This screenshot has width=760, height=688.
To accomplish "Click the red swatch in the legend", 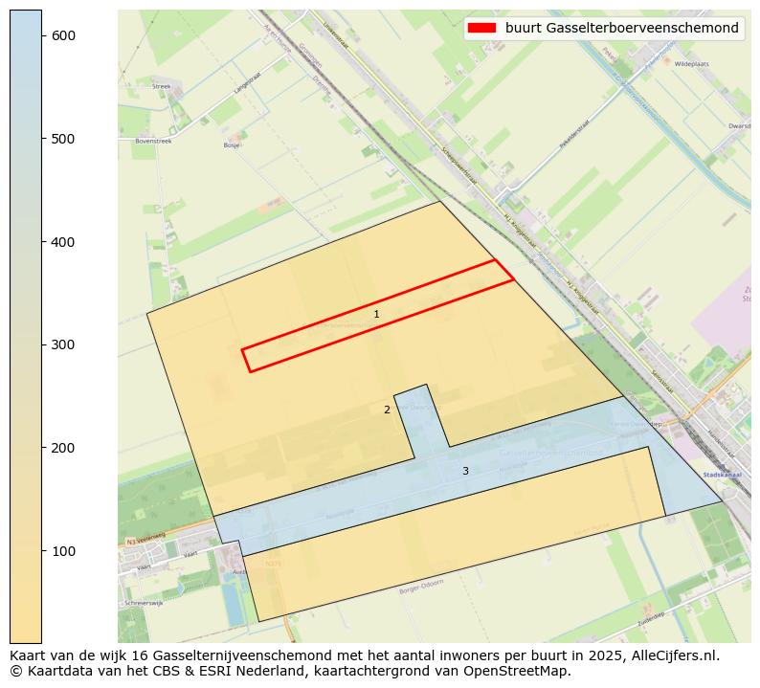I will (481, 28).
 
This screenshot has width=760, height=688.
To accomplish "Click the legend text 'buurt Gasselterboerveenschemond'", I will (621, 28).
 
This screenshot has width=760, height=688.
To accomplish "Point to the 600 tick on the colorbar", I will (42, 35).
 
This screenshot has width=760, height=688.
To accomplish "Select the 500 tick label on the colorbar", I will (62, 139).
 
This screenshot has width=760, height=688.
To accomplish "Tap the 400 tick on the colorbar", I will (42, 242).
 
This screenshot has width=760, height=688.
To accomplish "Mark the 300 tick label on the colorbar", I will (62, 344).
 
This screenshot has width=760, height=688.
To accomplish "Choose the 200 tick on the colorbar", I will (42, 448).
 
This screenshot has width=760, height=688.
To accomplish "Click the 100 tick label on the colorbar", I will (62, 551).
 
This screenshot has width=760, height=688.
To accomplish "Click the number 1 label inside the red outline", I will (376, 314).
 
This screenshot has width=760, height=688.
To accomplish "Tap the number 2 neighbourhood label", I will (387, 410).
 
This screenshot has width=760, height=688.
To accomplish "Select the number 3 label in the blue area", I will (465, 471).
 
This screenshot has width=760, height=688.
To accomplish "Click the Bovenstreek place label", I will (153, 141).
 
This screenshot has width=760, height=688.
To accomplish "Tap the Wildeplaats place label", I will (690, 64).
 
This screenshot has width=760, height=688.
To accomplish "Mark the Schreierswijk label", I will (144, 604).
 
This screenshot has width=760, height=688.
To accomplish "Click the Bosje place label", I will (232, 145).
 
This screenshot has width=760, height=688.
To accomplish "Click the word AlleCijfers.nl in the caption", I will (666, 655).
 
